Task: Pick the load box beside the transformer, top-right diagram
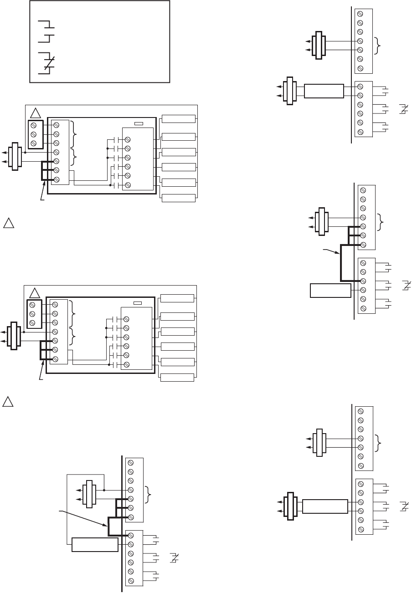pos(324,91)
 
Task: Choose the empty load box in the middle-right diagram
pos(330,290)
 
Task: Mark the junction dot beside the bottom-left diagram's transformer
pos(104,490)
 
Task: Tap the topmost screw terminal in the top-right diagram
pos(360,14)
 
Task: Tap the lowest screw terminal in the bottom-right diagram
pos(360,529)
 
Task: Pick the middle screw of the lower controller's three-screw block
pos(32,313)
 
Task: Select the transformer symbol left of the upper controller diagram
pos(15,157)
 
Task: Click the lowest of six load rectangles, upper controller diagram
pos(178,198)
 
